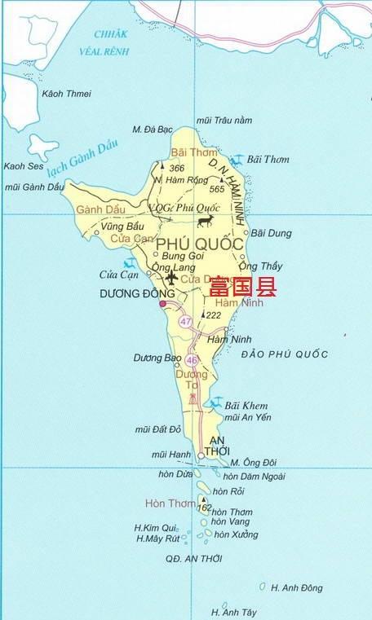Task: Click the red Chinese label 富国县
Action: point(242,287)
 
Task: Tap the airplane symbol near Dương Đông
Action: point(170,278)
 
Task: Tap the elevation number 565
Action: point(216,189)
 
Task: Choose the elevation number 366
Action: point(177,168)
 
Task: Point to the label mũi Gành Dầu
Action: point(34,187)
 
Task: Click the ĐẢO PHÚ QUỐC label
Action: point(285,354)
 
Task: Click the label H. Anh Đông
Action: point(296,587)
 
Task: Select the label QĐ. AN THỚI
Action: point(193,559)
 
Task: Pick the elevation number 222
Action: point(214,315)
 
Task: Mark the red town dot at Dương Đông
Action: point(162,304)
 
